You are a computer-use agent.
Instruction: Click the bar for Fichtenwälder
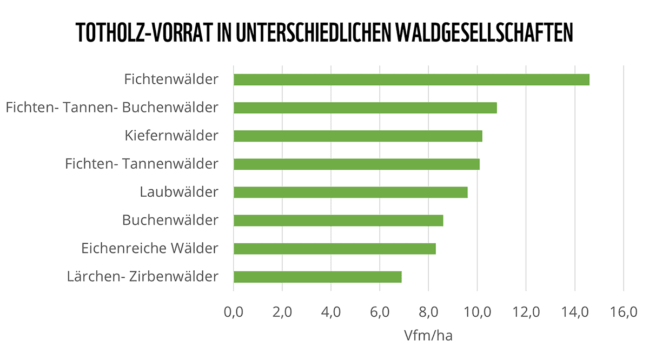pyautogui.click(x=411, y=79)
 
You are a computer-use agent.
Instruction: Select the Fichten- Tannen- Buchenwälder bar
pyautogui.click(x=365, y=108)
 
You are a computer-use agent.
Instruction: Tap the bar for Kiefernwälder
pyautogui.click(x=357, y=136)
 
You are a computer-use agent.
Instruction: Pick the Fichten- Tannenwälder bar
pyautogui.click(x=356, y=164)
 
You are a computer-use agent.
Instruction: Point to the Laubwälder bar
pyautogui.click(x=350, y=192)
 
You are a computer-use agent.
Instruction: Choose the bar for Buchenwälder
pyautogui.click(x=338, y=221)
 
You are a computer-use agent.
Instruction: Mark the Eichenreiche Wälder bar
pyautogui.click(x=334, y=249)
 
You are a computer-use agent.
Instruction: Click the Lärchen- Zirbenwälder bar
pyautogui.click(x=317, y=277)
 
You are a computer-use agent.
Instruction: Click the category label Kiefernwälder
pyautogui.click(x=171, y=135)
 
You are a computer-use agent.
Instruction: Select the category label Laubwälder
pyautogui.click(x=179, y=192)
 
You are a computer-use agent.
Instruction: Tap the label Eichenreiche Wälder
pyautogui.click(x=150, y=249)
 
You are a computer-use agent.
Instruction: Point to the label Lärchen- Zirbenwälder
pyautogui.click(x=143, y=277)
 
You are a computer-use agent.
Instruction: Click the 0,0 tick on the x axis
pyautogui.click(x=234, y=312)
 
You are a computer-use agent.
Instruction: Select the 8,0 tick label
pyautogui.click(x=428, y=312)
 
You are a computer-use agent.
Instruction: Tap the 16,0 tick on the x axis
pyautogui.click(x=624, y=312)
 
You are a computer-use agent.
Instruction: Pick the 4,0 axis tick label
pyautogui.click(x=331, y=312)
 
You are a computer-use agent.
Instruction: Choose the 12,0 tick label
pyautogui.click(x=526, y=312)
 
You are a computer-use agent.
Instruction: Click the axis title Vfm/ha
pyautogui.click(x=428, y=336)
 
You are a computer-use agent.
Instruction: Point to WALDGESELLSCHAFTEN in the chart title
pyautogui.click(x=484, y=33)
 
